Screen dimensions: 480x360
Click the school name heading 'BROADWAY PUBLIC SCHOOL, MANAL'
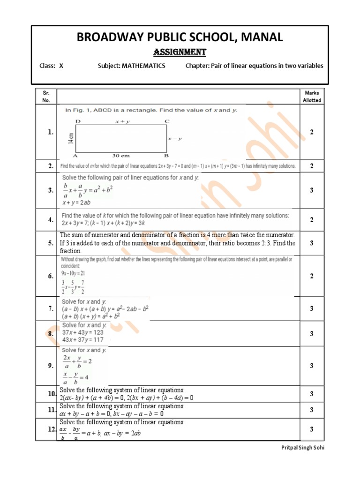point(180,37)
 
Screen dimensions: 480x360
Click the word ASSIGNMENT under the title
point(180,52)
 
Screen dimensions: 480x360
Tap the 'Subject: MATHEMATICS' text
point(131,66)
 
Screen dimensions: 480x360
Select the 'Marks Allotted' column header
point(312,97)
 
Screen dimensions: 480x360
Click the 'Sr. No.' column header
point(46,97)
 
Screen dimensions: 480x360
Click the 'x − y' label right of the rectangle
point(175,139)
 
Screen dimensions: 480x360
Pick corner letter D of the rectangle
point(77,121)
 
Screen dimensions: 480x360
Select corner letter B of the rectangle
point(165,155)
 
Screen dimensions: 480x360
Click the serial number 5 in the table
point(50,243)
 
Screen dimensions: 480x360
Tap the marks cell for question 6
point(312,276)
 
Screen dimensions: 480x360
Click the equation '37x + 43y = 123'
point(83,332)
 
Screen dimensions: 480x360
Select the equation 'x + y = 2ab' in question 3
point(79,202)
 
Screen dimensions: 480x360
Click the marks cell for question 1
point(312,132)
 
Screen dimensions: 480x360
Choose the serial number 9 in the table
point(50,366)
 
